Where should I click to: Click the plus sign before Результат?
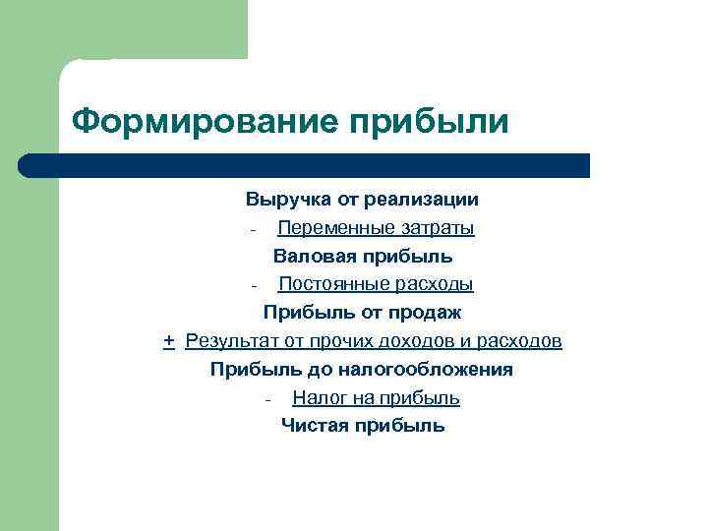pos(169,341)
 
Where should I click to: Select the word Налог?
pos(315,398)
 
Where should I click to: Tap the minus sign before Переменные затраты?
pos(254,230)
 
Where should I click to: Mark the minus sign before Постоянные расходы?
pos(254,286)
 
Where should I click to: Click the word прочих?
pos(348,341)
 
